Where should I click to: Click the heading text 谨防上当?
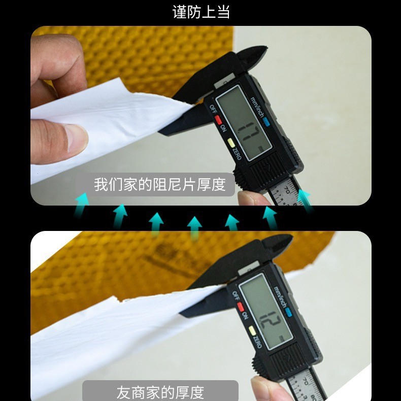click(201, 12)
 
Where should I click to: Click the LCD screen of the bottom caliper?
click(265, 313)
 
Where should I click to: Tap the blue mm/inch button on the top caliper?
click(265, 122)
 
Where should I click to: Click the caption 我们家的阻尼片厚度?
click(159, 184)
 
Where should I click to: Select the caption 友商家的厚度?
click(160, 392)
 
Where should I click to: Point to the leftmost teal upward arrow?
click(82, 206)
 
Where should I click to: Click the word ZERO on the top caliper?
click(237, 153)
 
